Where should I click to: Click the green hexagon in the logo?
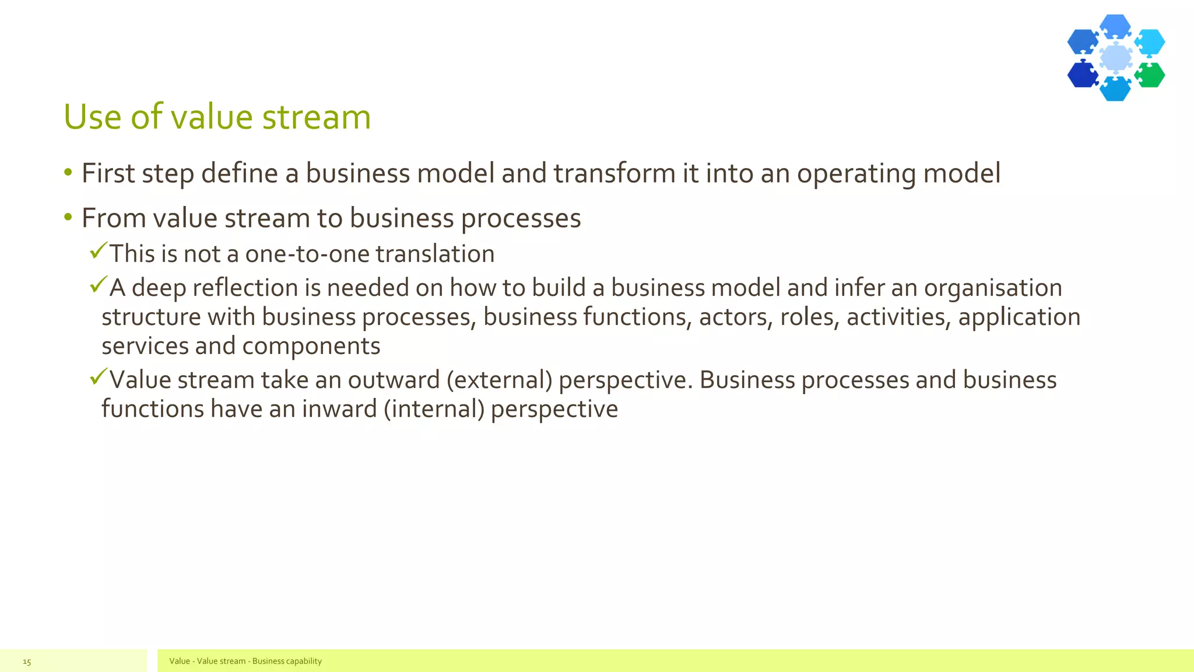click(x=1150, y=75)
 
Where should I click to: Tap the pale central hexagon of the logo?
click(x=1116, y=58)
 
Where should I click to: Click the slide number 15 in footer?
click(x=27, y=661)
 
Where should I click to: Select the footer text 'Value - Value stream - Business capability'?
click(x=245, y=661)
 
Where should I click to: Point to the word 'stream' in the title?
click(x=317, y=117)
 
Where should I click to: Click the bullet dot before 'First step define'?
click(x=68, y=173)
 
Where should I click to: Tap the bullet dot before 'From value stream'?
click(x=68, y=218)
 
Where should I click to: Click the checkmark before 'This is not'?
click(x=99, y=251)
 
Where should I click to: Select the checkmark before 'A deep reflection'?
click(x=99, y=285)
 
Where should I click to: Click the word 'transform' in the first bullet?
click(x=614, y=173)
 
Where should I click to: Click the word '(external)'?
click(x=499, y=380)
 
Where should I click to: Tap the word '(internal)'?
click(x=434, y=409)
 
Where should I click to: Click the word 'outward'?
click(x=394, y=380)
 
